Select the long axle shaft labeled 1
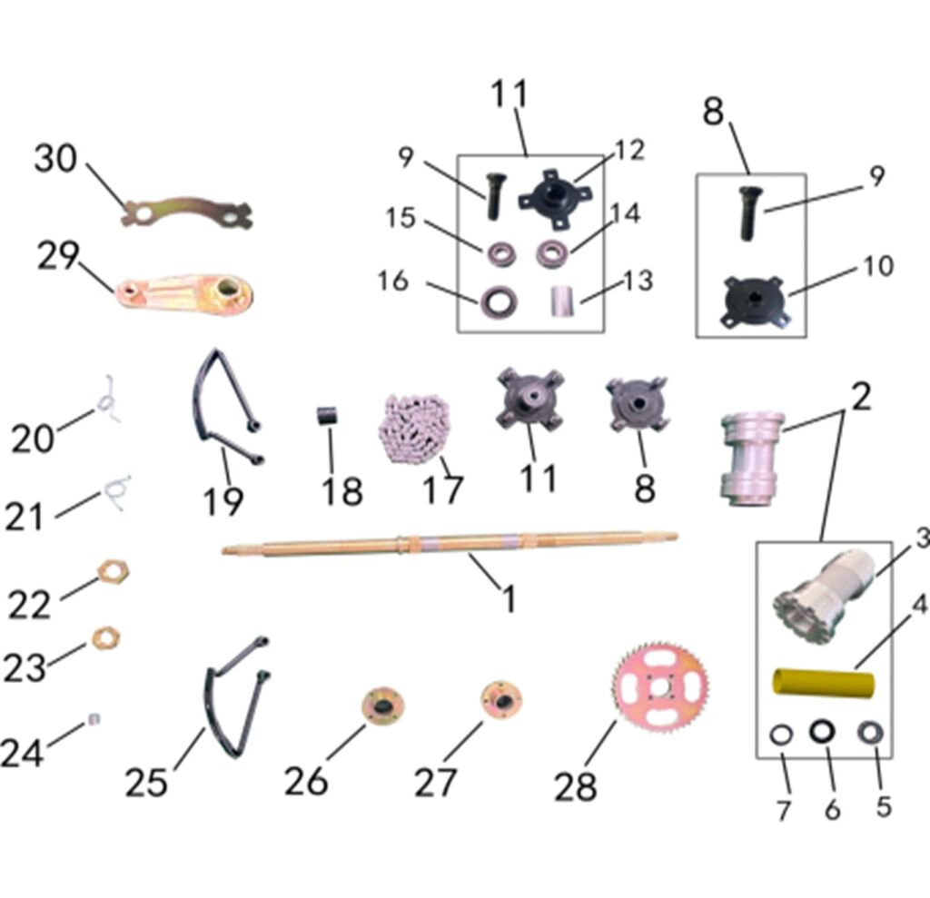(450, 544)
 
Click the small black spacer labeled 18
(325, 415)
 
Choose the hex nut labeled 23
(106, 638)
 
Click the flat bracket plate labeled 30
(187, 212)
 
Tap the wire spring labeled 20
(108, 401)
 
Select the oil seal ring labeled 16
(499, 301)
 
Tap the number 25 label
(146, 783)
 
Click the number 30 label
(55, 159)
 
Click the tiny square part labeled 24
(94, 719)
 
